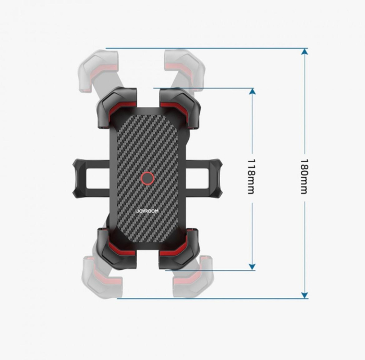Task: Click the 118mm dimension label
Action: point(251,177)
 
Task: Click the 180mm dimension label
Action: point(304,177)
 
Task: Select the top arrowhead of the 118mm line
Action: point(252,92)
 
